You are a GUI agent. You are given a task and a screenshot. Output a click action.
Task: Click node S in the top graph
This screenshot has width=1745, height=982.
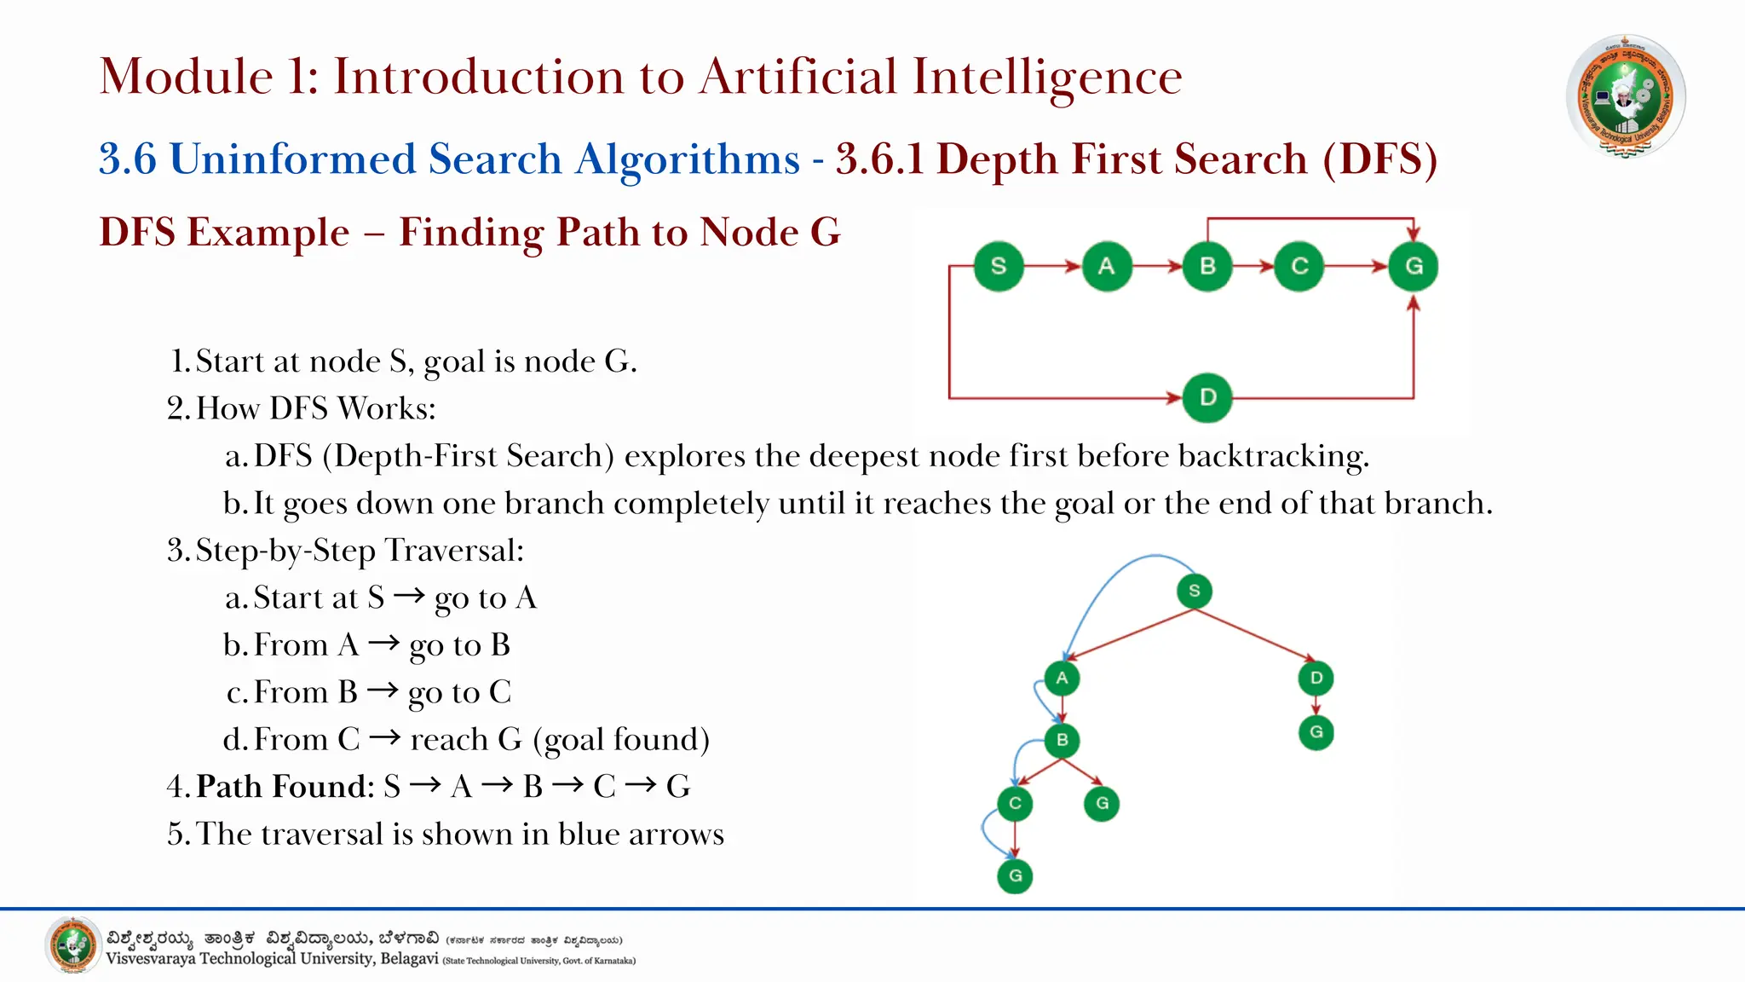point(998,266)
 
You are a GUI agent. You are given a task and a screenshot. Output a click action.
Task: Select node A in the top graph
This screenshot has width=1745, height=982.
point(1106,266)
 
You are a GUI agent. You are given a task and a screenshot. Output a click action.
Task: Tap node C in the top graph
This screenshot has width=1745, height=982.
point(1299,266)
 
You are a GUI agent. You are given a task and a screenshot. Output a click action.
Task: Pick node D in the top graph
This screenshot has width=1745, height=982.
point(1207,397)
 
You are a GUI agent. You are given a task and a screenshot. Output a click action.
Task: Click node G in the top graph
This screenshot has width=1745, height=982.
point(1414,266)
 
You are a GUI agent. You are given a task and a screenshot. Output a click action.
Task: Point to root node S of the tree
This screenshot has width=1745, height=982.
point(1194,591)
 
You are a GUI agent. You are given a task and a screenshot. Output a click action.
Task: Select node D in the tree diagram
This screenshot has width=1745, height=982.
point(1316,678)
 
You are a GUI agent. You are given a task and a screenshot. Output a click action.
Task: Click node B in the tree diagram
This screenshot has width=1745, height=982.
point(1062,740)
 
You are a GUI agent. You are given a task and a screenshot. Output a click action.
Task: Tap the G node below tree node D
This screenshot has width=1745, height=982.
point(1316,732)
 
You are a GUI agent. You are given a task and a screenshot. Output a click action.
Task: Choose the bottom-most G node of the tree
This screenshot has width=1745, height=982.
point(1015,875)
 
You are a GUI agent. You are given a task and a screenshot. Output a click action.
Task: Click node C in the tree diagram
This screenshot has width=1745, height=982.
point(1015,803)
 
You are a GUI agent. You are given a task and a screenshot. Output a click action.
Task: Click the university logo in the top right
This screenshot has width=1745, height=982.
point(1625,95)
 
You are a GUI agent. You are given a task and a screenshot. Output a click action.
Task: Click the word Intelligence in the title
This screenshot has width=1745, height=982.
point(1047,77)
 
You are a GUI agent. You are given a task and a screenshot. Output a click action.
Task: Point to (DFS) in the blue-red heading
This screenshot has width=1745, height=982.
point(1379,159)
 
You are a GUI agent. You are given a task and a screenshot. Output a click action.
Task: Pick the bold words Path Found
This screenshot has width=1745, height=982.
point(285,786)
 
